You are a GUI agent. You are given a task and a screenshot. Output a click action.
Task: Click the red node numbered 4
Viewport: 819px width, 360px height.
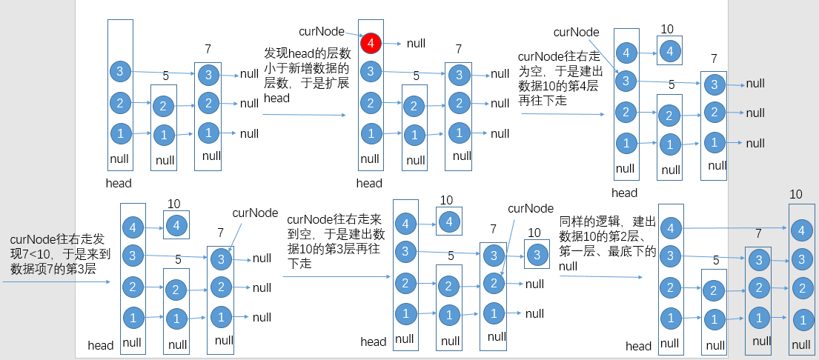(x=370, y=44)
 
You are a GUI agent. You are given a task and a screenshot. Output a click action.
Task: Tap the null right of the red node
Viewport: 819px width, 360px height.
(x=416, y=43)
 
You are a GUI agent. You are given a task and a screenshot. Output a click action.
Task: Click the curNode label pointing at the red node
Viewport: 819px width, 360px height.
(x=321, y=31)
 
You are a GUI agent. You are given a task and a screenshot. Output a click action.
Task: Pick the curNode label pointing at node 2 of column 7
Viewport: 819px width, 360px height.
(x=530, y=209)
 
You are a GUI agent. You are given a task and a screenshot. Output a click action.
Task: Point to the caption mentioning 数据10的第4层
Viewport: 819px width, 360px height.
(x=558, y=79)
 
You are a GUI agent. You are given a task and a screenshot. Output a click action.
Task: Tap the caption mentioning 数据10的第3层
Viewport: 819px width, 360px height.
(x=333, y=241)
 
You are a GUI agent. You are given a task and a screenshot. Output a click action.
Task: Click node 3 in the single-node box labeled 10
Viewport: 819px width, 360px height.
(x=537, y=253)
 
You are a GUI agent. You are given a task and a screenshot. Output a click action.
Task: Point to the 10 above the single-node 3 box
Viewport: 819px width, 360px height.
(x=534, y=233)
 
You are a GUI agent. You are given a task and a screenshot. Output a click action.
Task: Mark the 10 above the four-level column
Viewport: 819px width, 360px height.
(x=796, y=195)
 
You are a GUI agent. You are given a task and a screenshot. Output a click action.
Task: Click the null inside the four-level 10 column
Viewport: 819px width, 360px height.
(x=800, y=344)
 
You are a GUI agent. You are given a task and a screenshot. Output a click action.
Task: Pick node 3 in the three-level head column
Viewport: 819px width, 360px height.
(x=120, y=71)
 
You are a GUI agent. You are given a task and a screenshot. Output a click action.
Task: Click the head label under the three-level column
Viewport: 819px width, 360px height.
(x=119, y=183)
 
